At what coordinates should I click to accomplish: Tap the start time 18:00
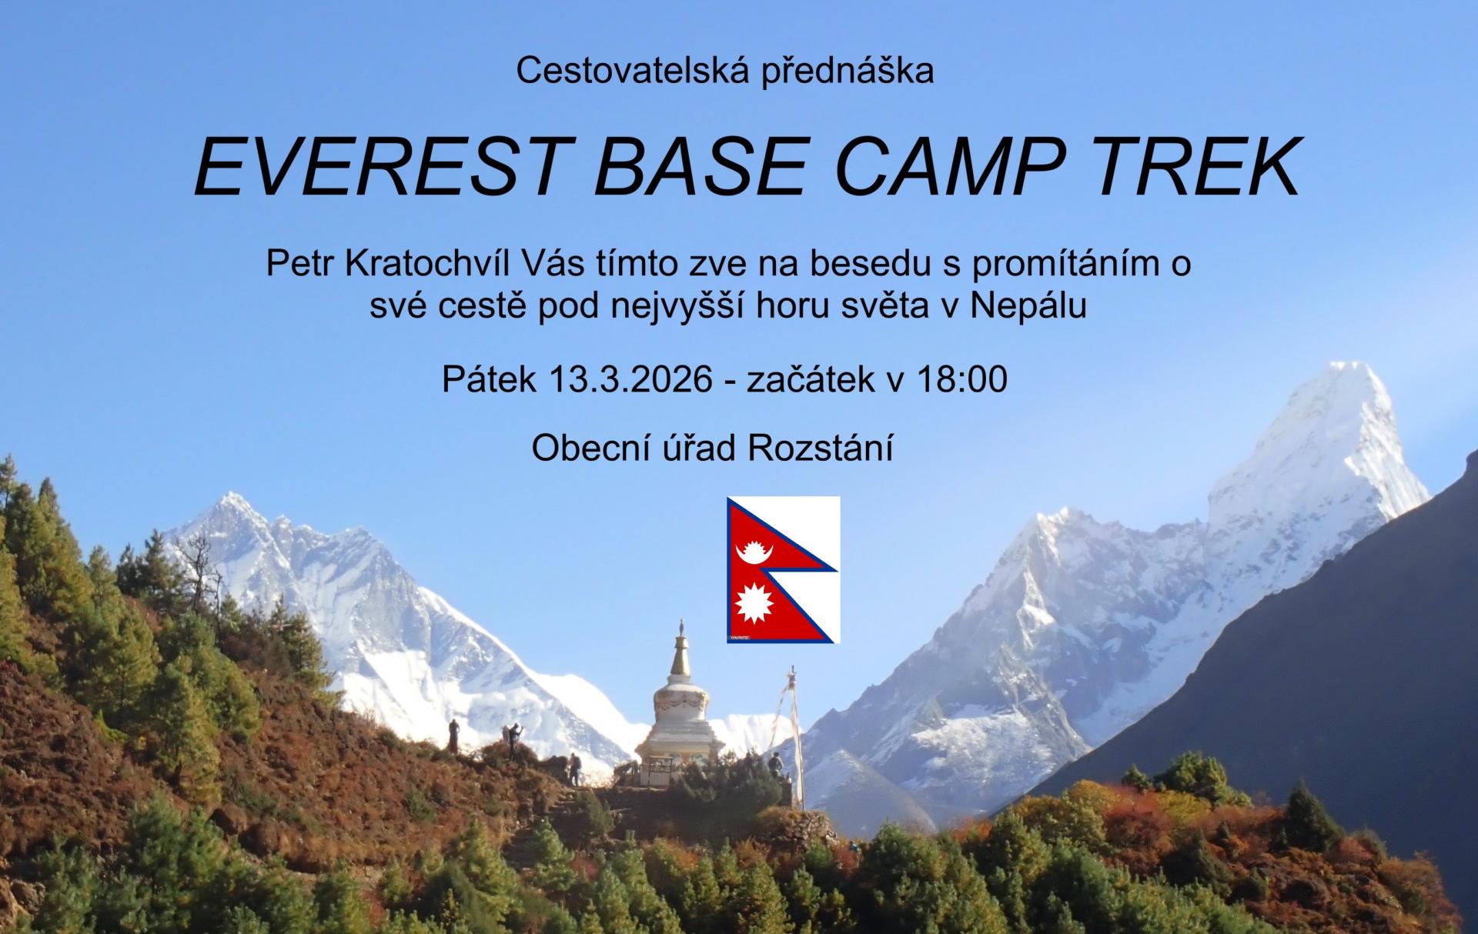962,380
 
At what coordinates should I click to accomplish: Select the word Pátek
489,380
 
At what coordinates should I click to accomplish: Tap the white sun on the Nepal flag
754,605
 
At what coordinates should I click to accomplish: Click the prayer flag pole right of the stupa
798,739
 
